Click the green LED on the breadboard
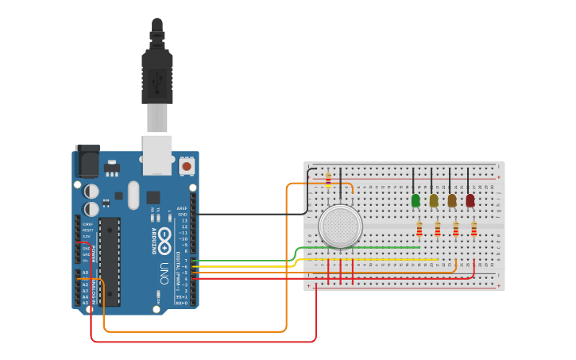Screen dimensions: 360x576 pos(416,200)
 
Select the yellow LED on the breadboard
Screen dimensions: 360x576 pos(434,200)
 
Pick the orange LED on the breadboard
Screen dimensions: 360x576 pos(452,200)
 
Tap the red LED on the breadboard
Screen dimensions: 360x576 pos(470,200)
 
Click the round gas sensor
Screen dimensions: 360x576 pos(341,226)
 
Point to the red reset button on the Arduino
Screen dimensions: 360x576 pos(187,166)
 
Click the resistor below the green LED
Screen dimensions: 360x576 pos(419,229)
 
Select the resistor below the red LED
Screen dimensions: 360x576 pos(474,229)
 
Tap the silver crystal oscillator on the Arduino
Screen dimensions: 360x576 pos(133,194)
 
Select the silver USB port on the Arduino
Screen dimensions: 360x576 pos(157,154)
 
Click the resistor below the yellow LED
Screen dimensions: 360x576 pos(438,229)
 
